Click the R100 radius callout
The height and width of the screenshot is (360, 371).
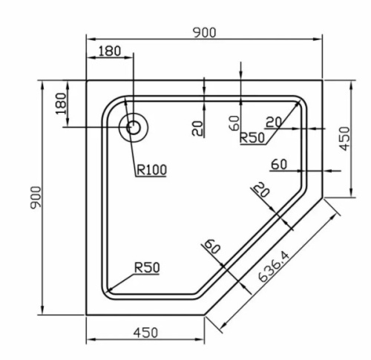151,170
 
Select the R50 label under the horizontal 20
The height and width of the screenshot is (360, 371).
253,137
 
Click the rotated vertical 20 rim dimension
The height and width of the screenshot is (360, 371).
197,128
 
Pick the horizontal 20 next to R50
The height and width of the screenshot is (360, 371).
273,121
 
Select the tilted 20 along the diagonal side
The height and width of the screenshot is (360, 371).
259,191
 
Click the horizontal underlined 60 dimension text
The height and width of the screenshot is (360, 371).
279,165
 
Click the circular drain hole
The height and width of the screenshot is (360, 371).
134,127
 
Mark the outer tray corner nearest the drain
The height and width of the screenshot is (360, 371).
87,79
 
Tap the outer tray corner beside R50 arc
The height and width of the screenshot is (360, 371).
87,314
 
